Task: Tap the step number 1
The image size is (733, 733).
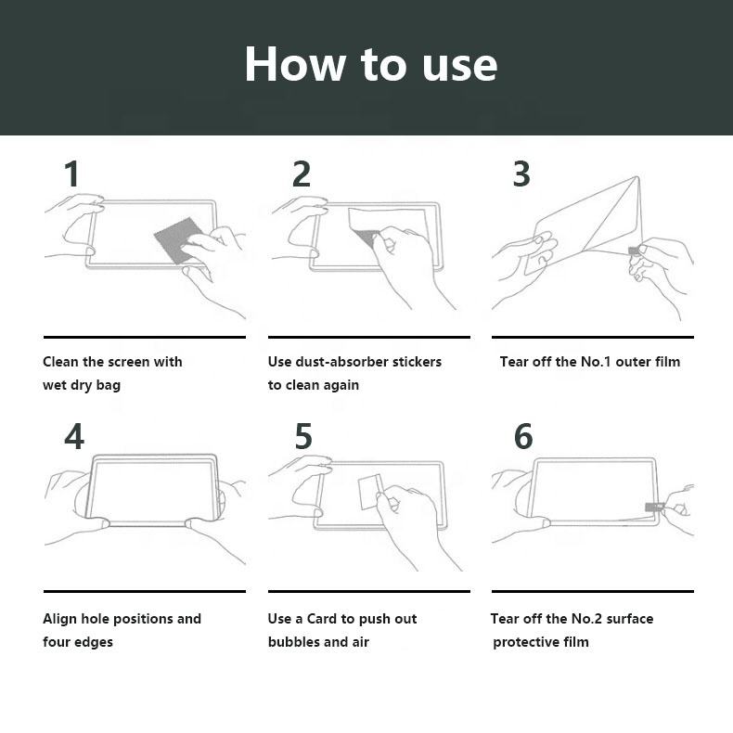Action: tap(71, 174)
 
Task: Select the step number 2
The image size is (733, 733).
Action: tap(302, 174)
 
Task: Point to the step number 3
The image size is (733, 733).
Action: tap(521, 174)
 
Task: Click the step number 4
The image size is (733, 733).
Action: tap(74, 436)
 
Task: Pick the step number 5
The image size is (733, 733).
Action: tap(303, 436)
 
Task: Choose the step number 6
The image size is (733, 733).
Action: tap(523, 436)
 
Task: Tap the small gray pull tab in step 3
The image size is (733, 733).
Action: tap(634, 251)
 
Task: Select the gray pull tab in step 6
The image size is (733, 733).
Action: tap(654, 508)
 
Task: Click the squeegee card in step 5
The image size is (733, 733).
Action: tap(369, 492)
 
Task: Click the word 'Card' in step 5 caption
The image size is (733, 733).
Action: tap(322, 619)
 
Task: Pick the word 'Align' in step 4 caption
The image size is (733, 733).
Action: tap(59, 620)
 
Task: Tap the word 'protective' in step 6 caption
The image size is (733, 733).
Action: tap(526, 643)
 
